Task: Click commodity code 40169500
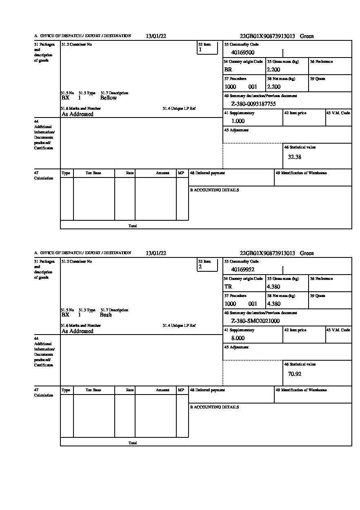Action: click(243, 52)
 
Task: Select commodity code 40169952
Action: click(243, 269)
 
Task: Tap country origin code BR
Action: click(228, 69)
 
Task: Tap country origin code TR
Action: click(228, 286)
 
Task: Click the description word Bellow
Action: click(109, 98)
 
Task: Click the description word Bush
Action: click(106, 315)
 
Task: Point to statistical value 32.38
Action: click(295, 157)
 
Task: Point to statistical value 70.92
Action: click(295, 374)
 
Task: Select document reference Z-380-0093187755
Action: click(253, 104)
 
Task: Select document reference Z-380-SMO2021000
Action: click(256, 321)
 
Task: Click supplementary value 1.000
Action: click(238, 121)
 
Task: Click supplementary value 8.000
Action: click(238, 338)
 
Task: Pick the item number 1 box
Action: click(207, 48)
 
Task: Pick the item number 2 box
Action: click(207, 265)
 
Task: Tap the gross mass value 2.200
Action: click(273, 69)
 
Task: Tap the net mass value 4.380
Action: click(273, 304)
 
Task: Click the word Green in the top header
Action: click(307, 36)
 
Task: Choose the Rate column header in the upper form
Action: click(130, 173)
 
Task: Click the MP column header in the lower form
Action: click(181, 390)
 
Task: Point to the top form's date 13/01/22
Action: click(156, 36)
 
